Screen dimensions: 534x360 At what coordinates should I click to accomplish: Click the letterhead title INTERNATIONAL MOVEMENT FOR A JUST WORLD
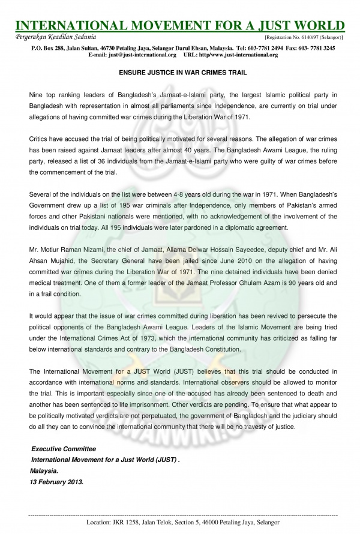click(x=180, y=26)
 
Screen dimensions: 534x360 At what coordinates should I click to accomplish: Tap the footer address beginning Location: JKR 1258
click(x=179, y=523)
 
